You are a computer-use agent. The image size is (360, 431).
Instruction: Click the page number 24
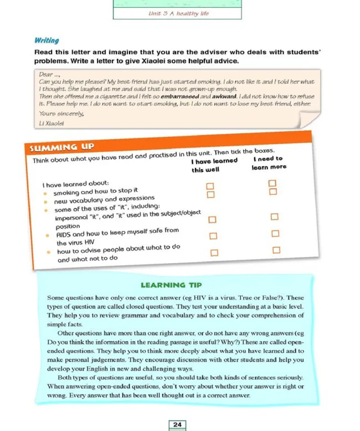point(177,424)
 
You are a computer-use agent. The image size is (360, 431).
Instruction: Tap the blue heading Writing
point(46,40)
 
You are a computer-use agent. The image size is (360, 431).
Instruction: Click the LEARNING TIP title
point(171,285)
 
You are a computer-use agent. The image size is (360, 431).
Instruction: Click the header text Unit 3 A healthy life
point(179,13)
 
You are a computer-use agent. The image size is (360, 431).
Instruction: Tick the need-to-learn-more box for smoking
point(271,184)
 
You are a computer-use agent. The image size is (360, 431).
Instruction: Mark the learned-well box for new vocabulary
point(210,194)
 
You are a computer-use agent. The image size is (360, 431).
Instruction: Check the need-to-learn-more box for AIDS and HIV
point(275,233)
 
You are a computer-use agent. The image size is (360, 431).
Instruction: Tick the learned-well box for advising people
point(214,253)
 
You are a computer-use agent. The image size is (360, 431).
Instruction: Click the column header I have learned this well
point(213,165)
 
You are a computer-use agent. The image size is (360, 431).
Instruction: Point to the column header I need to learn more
point(269,162)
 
